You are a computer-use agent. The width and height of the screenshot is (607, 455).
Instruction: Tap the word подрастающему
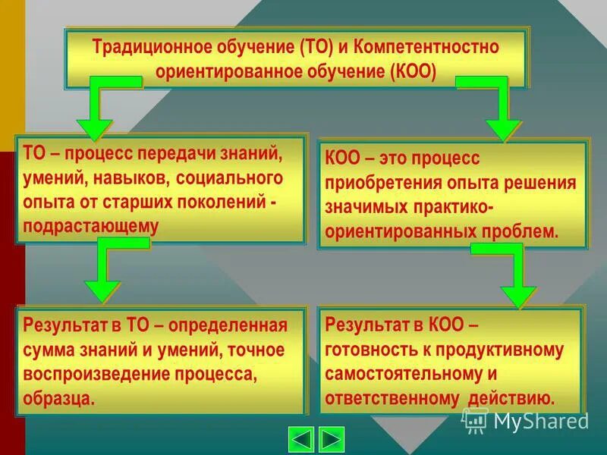coord(91,225)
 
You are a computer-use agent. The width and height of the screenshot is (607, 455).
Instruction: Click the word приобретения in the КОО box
coord(377,183)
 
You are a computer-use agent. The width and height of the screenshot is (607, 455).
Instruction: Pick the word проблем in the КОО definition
coord(524,231)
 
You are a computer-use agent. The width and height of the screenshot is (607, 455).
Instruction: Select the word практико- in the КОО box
coord(454,207)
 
